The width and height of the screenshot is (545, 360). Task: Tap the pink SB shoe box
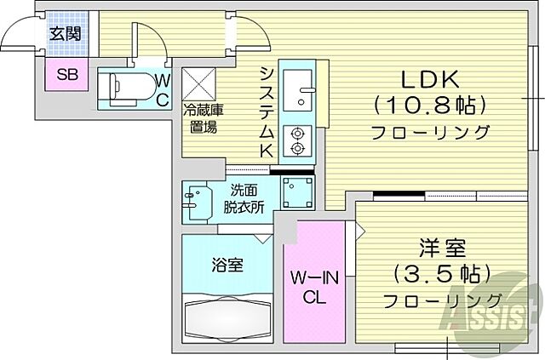pyautogui.click(x=66, y=73)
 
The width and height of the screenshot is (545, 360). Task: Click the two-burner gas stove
pyautogui.click(x=298, y=140)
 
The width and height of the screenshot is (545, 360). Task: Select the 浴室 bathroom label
pyautogui.click(x=227, y=265)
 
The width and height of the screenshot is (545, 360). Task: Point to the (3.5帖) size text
pyautogui.click(x=442, y=274)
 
